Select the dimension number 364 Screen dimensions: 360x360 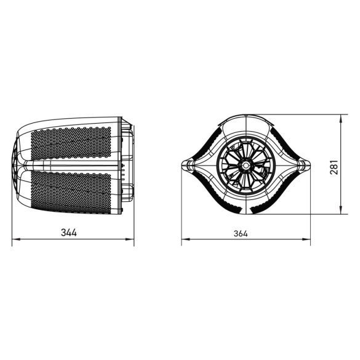pyautogui.click(x=246, y=234)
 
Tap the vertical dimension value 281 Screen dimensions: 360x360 pyautogui.click(x=334, y=165)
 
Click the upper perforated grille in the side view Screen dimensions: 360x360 pyautogui.click(x=71, y=143)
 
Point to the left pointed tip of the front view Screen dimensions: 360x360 pyautogui.click(x=183, y=165)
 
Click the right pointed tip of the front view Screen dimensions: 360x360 pyautogui.click(x=310, y=165)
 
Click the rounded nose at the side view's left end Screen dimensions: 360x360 pyautogui.click(x=18, y=165)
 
